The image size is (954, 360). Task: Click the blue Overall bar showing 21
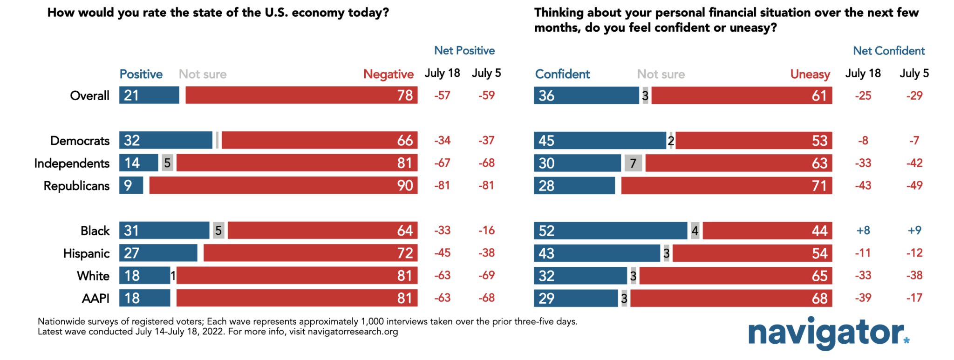click(149, 95)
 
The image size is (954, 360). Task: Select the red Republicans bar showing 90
click(283, 185)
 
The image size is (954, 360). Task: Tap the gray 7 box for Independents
click(633, 163)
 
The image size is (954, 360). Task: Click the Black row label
click(95, 231)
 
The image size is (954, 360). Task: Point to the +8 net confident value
click(863, 231)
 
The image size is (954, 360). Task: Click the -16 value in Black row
click(486, 231)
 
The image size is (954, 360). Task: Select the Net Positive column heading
click(464, 50)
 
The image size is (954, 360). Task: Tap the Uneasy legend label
click(810, 74)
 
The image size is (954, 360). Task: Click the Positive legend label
click(141, 74)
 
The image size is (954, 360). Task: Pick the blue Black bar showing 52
click(610, 231)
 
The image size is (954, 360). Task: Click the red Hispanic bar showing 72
click(310, 253)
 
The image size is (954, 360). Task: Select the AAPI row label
click(95, 298)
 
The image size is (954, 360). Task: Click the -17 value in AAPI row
click(914, 298)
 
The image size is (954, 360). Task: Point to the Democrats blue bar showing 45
click(600, 140)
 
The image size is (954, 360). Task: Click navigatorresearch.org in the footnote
click(353, 332)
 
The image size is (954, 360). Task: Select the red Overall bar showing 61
click(742, 95)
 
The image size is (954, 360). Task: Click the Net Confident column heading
click(888, 51)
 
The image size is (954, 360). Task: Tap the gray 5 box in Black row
click(218, 231)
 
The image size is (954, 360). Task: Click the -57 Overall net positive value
click(442, 95)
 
